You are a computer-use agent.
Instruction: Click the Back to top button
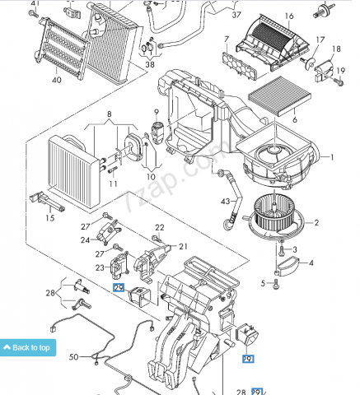pos(28,347)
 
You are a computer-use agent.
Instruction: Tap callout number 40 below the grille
pos(57,80)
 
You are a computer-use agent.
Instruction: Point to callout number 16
pos(289,16)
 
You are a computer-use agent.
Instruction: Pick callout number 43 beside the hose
pos(225,202)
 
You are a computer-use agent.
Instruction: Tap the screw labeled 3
pos(281,249)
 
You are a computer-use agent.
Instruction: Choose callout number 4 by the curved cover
pos(311,263)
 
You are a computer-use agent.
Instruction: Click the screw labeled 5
pos(276,284)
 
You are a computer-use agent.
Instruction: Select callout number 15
pos(50,218)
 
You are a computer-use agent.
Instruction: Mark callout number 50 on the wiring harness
pos(73,357)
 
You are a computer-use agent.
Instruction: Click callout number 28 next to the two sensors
pos(50,293)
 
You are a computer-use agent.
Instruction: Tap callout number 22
pos(160,227)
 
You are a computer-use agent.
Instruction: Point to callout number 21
pos(183,247)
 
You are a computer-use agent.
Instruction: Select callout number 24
pos(85,240)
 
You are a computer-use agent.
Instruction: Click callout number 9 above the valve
pos(157,112)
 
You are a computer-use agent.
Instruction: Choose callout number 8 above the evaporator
pos(110,114)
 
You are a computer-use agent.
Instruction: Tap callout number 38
pos(150,65)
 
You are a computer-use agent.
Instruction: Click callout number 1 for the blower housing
pos(332,157)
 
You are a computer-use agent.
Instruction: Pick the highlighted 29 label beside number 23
pos(119,287)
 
